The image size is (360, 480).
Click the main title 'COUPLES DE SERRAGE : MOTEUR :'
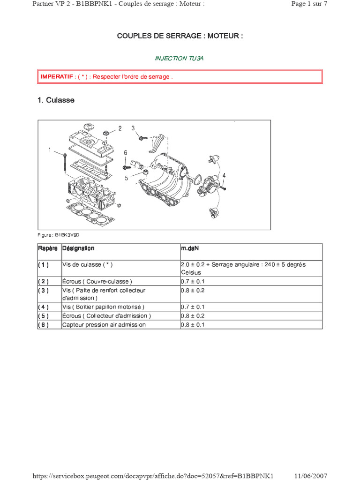[x=180, y=36]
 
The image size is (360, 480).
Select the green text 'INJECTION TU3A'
[x=180, y=59]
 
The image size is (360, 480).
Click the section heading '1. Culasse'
[x=56, y=100]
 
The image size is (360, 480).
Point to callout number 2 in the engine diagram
[x=120, y=128]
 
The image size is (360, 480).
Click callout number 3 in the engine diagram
[x=133, y=128]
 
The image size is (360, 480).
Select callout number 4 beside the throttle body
[x=224, y=175]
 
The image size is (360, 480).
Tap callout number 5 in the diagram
[x=126, y=178]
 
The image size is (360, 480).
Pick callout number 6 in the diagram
[x=126, y=153]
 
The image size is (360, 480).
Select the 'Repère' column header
[x=48, y=248]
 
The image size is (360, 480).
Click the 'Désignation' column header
[x=78, y=248]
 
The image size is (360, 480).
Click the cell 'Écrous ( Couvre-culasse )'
[x=97, y=282]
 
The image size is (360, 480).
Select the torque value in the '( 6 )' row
[x=193, y=325]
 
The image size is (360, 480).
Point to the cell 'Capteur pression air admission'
[x=104, y=325]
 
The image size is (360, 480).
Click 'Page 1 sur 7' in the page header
[x=309, y=4]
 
